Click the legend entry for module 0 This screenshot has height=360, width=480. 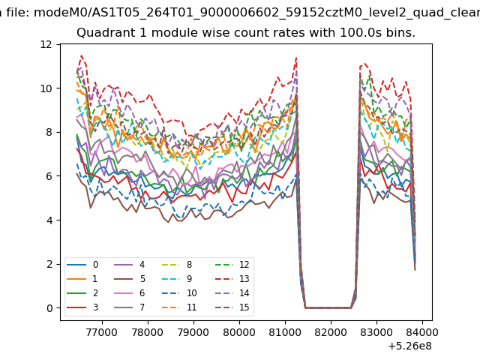(82, 265)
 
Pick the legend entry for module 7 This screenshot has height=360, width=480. (129, 307)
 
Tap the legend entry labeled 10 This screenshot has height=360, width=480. (179, 293)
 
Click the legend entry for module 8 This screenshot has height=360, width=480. (177, 265)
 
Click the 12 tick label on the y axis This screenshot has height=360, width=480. (46, 45)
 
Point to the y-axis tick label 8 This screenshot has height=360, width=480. (49, 132)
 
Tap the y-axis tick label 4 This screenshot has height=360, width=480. (49, 220)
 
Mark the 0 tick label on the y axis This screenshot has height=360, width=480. (49, 308)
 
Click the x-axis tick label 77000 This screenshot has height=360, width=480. (102, 332)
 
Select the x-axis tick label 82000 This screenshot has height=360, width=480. (331, 332)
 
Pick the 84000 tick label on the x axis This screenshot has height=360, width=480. (422, 332)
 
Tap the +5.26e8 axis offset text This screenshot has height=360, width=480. (410, 346)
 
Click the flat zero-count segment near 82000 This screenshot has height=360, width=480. (328, 307)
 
